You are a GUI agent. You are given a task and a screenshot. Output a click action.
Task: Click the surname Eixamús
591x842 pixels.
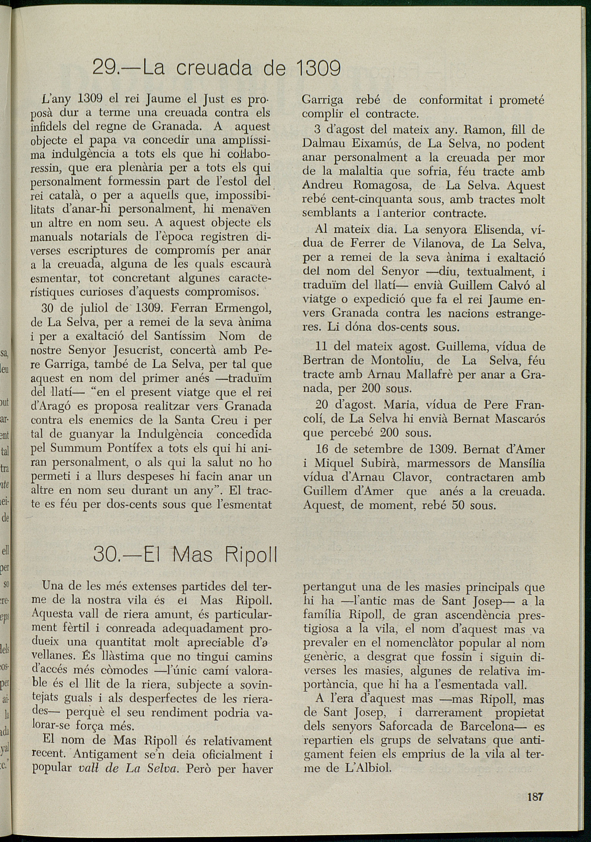coord(376,144)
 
